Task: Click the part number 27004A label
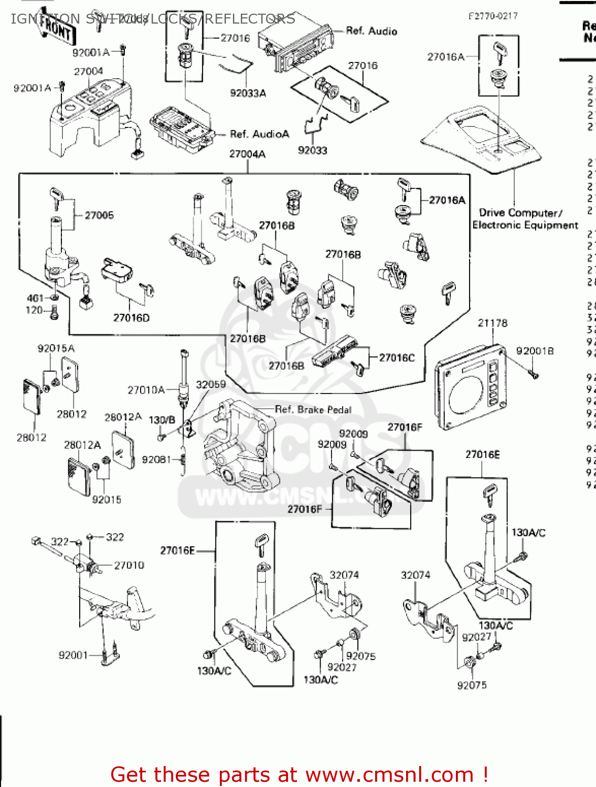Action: (247, 154)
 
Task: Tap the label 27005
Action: (99, 215)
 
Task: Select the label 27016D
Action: (131, 318)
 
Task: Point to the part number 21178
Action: (493, 323)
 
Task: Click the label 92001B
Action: (535, 351)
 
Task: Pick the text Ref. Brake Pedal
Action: (313, 409)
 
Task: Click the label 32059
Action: (210, 385)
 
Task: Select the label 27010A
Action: (146, 390)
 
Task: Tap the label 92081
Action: (156, 460)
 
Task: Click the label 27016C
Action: (397, 358)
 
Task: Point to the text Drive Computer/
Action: (520, 213)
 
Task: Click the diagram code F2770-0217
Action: (493, 16)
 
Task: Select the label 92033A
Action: (248, 93)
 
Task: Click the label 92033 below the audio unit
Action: (312, 151)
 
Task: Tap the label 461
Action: (35, 298)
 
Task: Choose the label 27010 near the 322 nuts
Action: (129, 565)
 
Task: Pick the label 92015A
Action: (56, 348)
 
